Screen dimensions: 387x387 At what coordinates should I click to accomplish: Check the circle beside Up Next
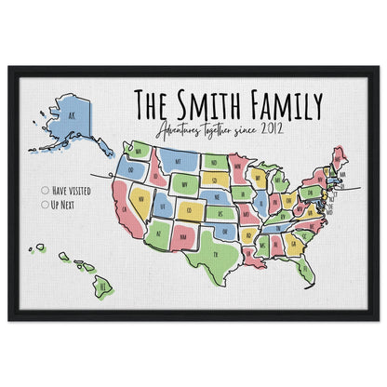(46, 203)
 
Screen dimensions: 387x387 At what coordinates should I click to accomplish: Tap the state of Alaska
(70, 120)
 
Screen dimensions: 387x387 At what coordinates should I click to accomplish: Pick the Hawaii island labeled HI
(101, 287)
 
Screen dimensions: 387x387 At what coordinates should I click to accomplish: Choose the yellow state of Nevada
(142, 197)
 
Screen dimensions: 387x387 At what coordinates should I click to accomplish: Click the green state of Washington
(138, 149)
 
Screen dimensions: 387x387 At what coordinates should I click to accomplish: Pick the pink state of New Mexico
(185, 236)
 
